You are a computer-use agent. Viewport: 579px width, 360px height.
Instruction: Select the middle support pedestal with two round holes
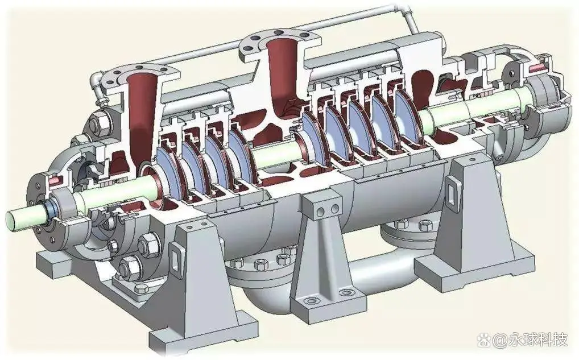pos(325,255)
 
